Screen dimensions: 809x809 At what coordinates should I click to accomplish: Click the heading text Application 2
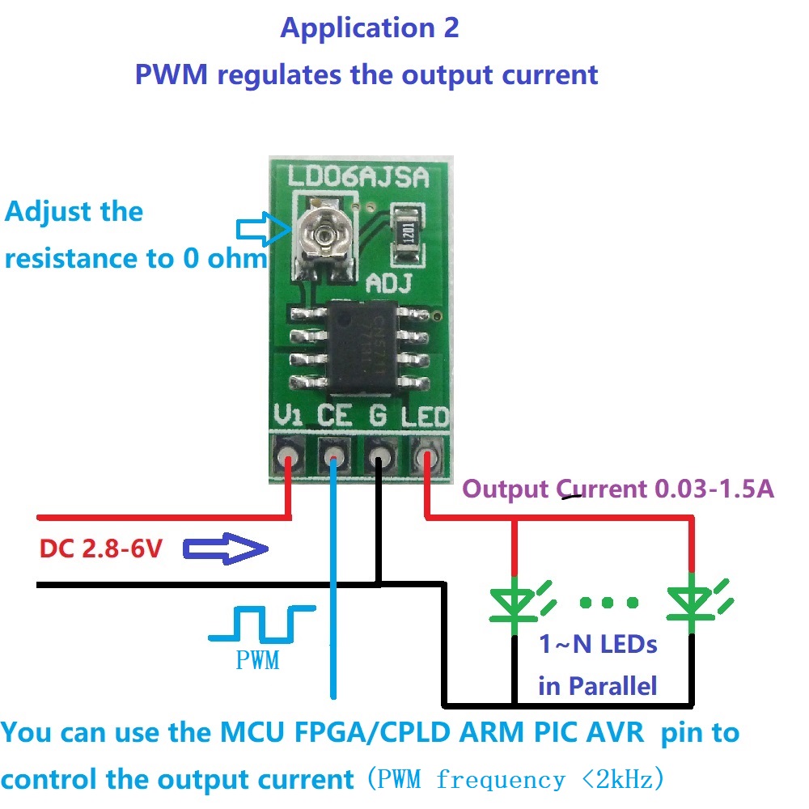coord(369,28)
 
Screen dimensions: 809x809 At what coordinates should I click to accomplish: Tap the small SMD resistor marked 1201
coord(407,231)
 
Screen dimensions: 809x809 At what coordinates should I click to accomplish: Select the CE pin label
coord(334,417)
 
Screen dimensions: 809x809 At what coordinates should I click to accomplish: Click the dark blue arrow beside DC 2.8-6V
coord(225,550)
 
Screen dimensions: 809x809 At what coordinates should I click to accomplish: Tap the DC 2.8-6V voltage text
coord(101,550)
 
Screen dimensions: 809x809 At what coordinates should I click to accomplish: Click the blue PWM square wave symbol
coord(260,623)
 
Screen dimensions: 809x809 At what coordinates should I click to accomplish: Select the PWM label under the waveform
coord(257,659)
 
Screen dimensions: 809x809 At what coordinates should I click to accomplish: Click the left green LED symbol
coord(515,603)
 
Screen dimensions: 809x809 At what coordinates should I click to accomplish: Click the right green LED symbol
coord(692,603)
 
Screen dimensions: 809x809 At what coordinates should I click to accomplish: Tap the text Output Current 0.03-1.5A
coord(618,489)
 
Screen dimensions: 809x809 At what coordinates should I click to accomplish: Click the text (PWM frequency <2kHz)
coord(515,780)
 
